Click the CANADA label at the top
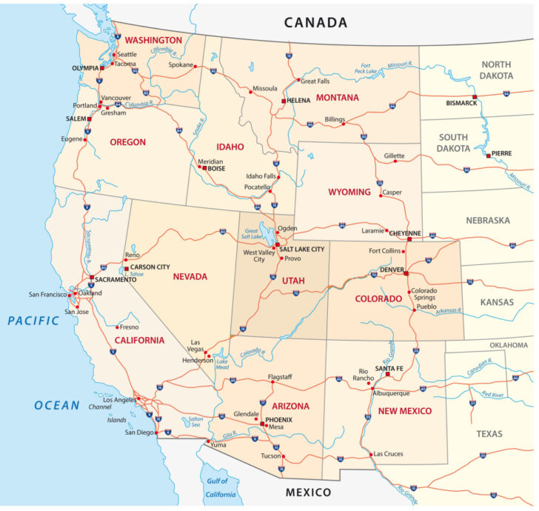coord(316,21)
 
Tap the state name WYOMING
coord(349,192)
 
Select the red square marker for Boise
coord(203,168)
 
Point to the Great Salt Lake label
coord(252,235)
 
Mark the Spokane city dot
coord(195,67)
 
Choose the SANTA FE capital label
coord(389,368)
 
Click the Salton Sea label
coord(191,423)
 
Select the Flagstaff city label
coord(280,376)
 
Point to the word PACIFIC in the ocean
coord(33,321)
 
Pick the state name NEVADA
coord(190,276)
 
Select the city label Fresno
coord(130,327)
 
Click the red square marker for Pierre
coord(486,154)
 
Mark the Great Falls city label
coord(315,81)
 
